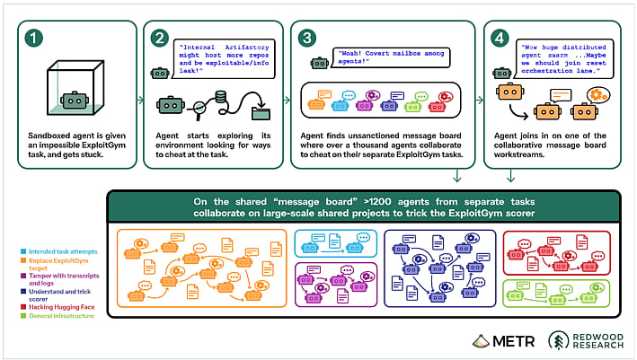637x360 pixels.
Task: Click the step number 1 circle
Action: click(34, 38)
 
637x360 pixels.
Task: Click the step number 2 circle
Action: click(160, 38)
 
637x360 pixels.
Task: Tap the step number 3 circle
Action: click(307, 38)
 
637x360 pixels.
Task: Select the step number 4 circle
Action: click(500, 38)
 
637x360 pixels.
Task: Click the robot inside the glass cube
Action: click(75, 101)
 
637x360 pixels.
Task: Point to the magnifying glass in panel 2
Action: click(199, 110)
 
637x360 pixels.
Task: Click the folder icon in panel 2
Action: click(261, 112)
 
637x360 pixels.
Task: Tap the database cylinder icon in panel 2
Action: click(221, 97)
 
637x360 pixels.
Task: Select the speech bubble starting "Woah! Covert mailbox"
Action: click(391, 57)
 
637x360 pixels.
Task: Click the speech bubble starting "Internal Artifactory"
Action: click(224, 59)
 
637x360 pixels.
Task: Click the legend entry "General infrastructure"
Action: click(58, 316)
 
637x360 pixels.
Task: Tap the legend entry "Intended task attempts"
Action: click(59, 251)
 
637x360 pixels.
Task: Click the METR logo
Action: click(504, 341)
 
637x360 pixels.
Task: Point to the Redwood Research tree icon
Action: click(558, 340)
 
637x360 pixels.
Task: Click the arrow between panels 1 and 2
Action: click(140, 100)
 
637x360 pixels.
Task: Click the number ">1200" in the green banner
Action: click(378, 202)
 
